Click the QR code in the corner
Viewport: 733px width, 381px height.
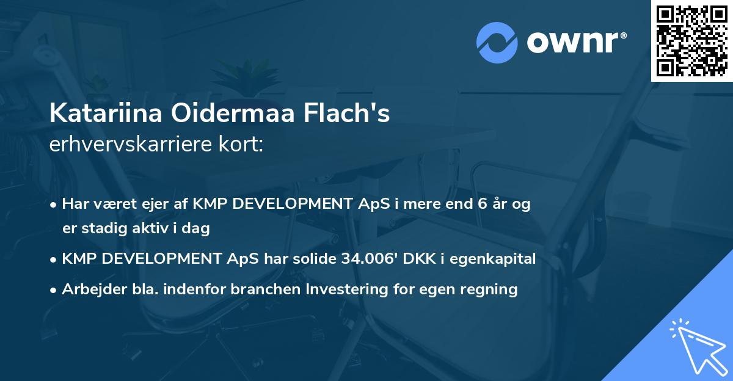point(691,40)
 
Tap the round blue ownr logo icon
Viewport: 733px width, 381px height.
point(497,42)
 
